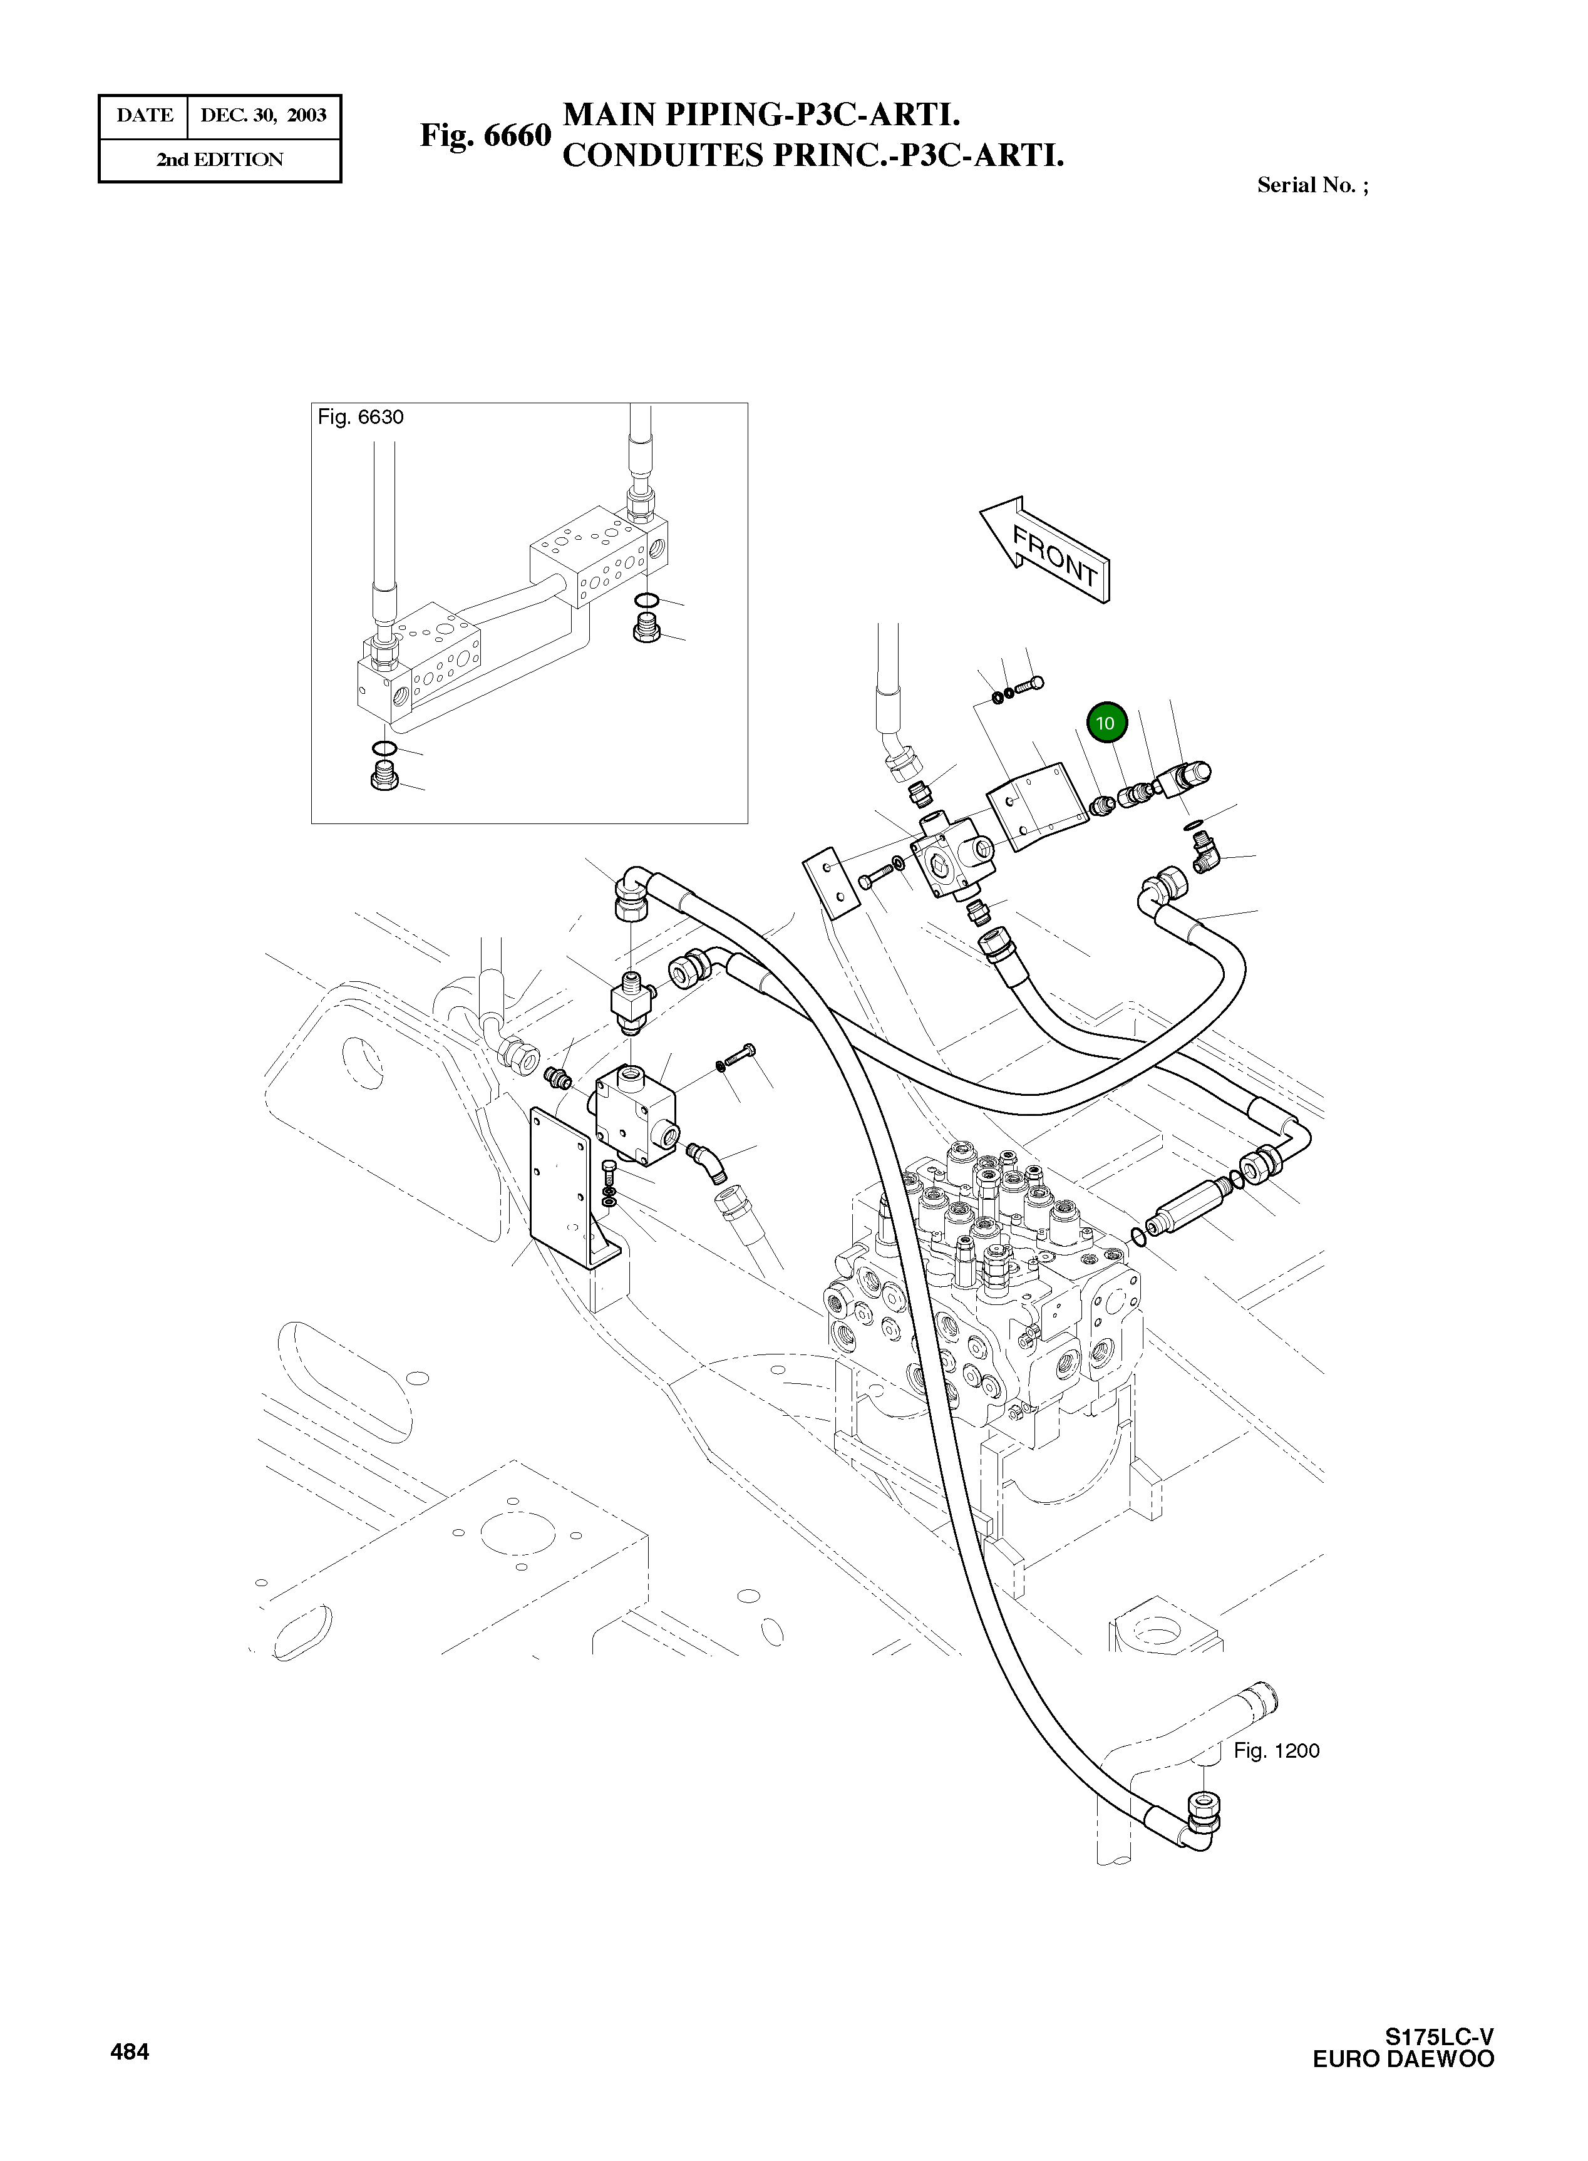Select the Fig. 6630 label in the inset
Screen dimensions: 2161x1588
(x=361, y=417)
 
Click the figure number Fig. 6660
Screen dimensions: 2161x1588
(x=485, y=135)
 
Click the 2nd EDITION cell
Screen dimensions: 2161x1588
(x=220, y=160)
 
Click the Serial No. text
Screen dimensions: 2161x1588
(x=1312, y=185)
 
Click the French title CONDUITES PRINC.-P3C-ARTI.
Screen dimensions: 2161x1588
(x=812, y=156)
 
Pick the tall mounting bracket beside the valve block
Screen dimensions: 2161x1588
(x=567, y=1192)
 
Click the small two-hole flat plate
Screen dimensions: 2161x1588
(x=830, y=882)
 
